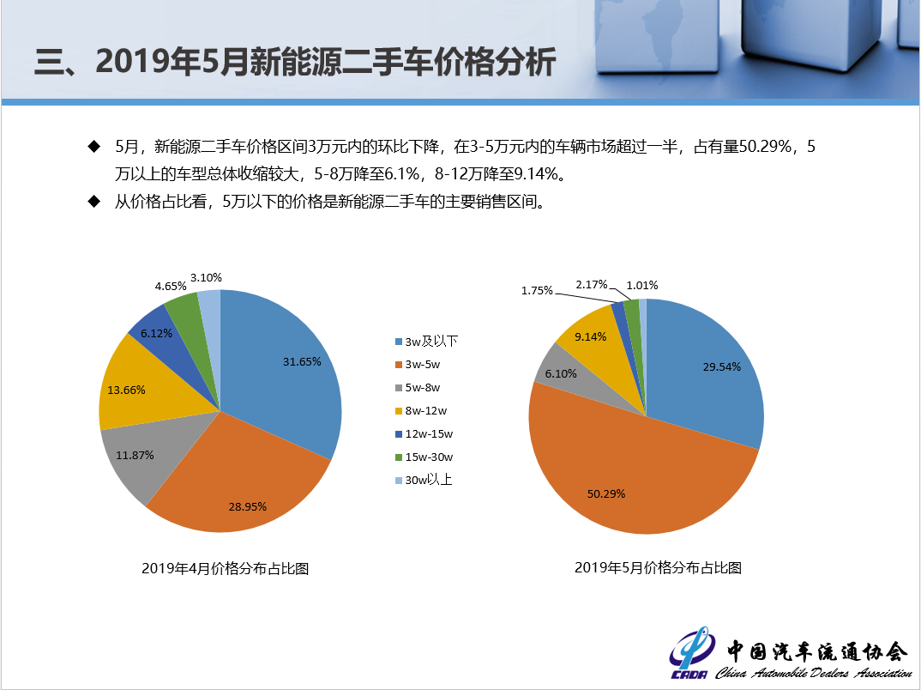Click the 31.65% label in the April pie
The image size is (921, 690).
click(x=302, y=361)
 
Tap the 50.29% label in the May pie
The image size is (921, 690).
click(x=606, y=493)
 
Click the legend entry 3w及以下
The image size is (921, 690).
click(x=426, y=342)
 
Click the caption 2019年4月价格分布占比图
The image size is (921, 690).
click(x=225, y=568)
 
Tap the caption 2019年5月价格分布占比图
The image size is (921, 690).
click(x=658, y=567)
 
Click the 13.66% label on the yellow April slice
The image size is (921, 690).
click(x=126, y=390)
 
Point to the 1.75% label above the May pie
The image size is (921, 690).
click(x=538, y=291)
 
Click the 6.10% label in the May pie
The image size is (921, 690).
click(x=561, y=373)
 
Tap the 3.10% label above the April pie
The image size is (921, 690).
click(x=206, y=277)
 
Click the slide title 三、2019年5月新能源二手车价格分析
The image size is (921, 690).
click(x=294, y=63)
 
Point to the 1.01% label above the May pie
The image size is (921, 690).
click(x=642, y=285)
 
